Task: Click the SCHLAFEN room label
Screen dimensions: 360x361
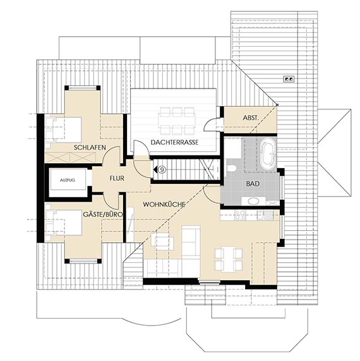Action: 90,147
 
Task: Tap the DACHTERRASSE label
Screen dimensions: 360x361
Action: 174,142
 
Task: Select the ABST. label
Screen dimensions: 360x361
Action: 251,118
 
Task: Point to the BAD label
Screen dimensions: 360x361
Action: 253,184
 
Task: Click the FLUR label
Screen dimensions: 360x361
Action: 117,178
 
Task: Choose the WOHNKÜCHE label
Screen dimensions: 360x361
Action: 164,204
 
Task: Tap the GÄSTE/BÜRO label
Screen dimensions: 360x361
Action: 103,214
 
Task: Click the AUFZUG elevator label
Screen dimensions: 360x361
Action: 68,180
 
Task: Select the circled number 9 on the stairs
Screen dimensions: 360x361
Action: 162,170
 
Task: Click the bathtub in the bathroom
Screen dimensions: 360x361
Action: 268,154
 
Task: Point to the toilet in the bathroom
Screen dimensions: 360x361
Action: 231,168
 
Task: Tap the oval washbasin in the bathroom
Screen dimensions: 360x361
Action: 253,201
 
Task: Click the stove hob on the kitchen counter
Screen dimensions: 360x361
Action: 240,215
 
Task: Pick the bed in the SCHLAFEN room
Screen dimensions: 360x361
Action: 64,130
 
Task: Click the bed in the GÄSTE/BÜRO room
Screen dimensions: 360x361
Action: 64,223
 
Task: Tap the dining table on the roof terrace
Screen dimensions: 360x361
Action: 177,121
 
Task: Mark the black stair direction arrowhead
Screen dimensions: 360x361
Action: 155,170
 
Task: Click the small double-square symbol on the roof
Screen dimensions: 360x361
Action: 289,79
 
